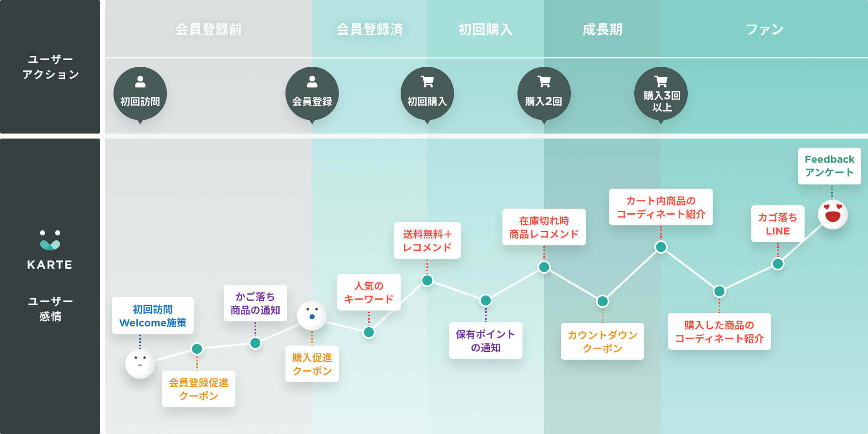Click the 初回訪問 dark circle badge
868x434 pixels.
click(x=140, y=94)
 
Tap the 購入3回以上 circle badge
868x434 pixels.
click(x=661, y=94)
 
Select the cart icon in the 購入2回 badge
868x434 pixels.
click(x=544, y=81)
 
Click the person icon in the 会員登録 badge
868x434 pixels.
click(x=312, y=81)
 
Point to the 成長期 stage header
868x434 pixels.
click(x=602, y=30)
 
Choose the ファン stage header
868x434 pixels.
click(x=765, y=30)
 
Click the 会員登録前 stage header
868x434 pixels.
click(x=208, y=30)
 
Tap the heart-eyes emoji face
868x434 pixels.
click(x=833, y=214)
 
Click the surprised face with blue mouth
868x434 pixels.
click(x=312, y=315)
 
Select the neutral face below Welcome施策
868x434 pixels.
click(x=140, y=363)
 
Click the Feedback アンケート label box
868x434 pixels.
click(x=829, y=166)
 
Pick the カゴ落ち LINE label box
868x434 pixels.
click(x=777, y=224)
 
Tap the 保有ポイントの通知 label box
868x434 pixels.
click(x=485, y=341)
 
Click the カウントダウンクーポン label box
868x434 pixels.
click(x=602, y=341)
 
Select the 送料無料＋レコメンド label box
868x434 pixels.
click(x=427, y=240)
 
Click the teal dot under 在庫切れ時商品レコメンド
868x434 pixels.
click(x=544, y=267)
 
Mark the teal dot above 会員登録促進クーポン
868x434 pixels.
click(x=197, y=349)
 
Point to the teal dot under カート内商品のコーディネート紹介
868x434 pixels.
click(x=661, y=247)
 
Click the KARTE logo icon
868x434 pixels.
click(x=50, y=240)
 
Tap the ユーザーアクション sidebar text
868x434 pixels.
click(x=50, y=67)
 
